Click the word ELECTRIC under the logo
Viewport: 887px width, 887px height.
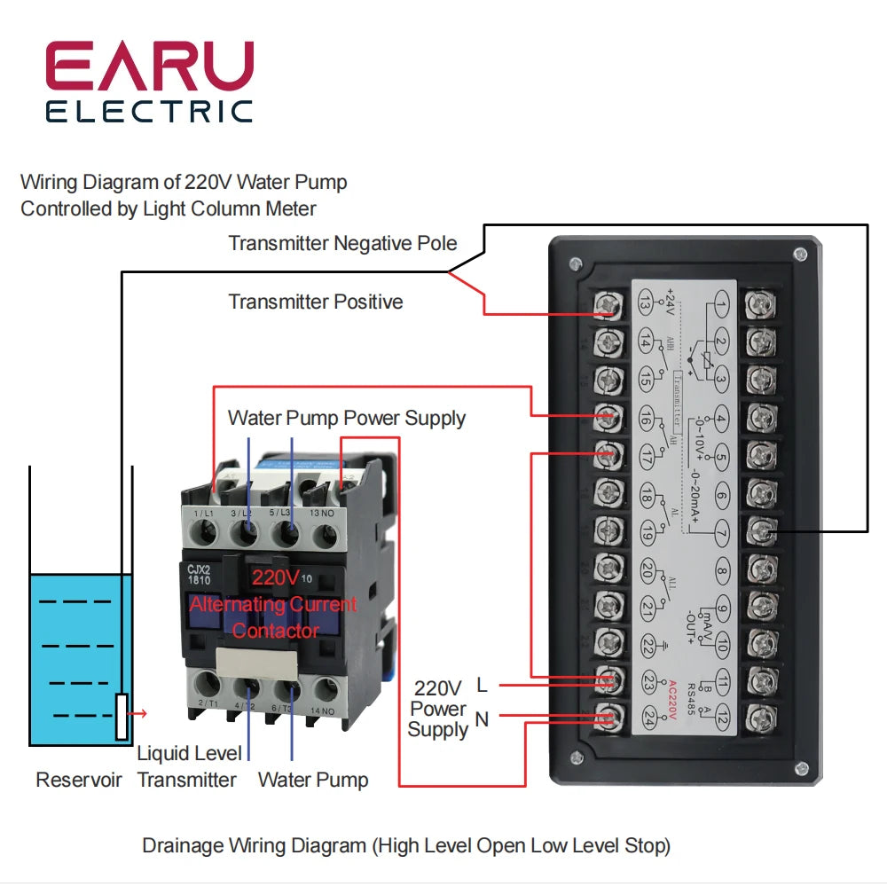tap(149, 112)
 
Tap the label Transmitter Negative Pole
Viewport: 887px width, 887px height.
tap(342, 243)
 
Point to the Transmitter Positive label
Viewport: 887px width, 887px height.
tap(315, 302)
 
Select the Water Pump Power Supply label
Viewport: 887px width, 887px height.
tap(346, 418)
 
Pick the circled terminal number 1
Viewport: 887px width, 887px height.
tap(722, 308)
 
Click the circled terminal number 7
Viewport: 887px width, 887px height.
tap(722, 532)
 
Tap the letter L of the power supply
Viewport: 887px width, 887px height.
tap(482, 685)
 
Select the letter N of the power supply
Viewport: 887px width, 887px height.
tap(482, 718)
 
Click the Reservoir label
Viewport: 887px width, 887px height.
tap(79, 781)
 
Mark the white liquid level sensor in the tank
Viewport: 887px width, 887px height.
tap(122, 716)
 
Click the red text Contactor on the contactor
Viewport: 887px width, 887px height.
tap(275, 631)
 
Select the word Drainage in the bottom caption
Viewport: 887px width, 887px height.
tap(180, 845)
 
